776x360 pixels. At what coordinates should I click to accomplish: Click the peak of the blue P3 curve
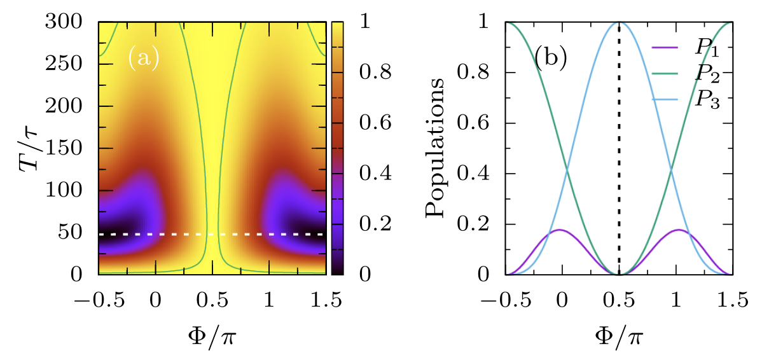(x=619, y=23)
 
